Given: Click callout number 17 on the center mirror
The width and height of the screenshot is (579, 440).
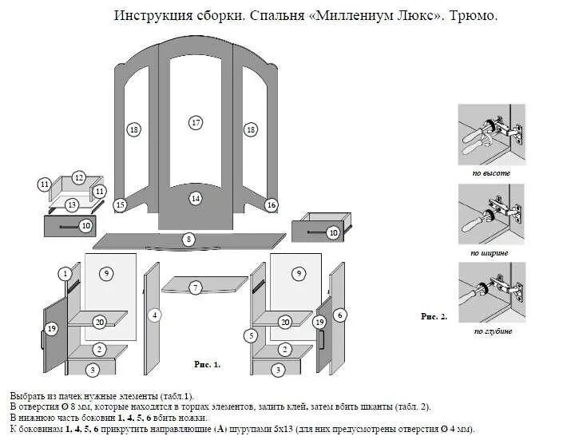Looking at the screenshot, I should point(196,122).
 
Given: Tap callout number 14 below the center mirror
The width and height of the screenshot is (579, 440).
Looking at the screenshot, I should point(195,198).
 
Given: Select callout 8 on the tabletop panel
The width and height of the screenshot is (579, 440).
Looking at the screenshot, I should point(188,239).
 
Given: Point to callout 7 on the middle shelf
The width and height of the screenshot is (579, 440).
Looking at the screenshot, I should point(195,287).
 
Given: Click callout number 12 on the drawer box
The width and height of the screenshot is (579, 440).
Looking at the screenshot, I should point(78,177).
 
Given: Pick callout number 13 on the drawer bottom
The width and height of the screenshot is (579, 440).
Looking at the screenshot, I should point(71,205).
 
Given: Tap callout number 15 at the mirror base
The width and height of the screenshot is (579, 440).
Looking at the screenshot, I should point(120,205).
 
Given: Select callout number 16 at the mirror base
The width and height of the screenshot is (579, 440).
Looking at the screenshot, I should point(271,205).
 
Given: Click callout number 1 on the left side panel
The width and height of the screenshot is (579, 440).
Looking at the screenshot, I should point(64,274).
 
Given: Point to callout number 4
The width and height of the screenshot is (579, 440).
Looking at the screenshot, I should point(154,315).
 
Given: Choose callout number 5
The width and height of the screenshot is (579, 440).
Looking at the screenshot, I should point(251,335).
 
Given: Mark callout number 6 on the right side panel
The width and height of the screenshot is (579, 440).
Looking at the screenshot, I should point(340,315).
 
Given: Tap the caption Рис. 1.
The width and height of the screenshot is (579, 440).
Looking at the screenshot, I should point(207,364).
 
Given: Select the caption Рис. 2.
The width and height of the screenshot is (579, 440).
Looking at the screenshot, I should point(434,316).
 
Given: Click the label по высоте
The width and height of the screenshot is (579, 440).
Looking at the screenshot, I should point(490,172).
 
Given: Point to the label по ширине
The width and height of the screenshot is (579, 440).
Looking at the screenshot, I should point(490,252).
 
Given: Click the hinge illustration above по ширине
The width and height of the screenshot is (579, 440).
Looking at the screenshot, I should point(490,214).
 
